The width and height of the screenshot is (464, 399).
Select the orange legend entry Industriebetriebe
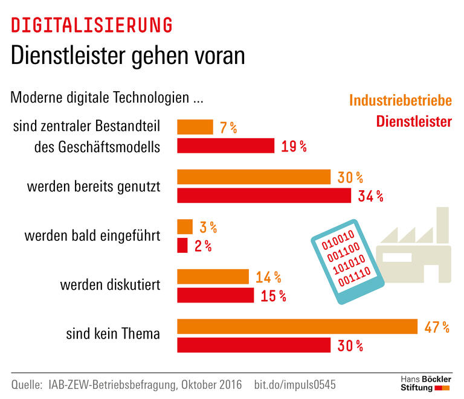pos(401,100)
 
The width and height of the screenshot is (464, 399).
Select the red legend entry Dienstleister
pos(414,121)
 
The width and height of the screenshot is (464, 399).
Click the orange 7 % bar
pos(195,127)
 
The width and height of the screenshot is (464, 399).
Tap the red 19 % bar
pos(225,146)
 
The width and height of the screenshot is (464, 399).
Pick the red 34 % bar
pos(263,196)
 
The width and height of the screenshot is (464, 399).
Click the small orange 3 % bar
pos(184,227)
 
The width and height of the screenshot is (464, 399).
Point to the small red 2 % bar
pos(182,246)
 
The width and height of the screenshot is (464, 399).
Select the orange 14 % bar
pos(213,276)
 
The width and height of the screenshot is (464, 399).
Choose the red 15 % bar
pos(215,295)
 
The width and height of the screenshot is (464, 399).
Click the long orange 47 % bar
pos(297,327)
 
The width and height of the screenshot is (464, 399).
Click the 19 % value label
pos(294,147)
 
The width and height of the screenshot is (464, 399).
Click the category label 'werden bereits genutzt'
pos(94,186)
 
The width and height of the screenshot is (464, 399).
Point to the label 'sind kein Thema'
pos(113,333)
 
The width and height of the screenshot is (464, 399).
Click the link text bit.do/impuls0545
pos(295,385)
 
